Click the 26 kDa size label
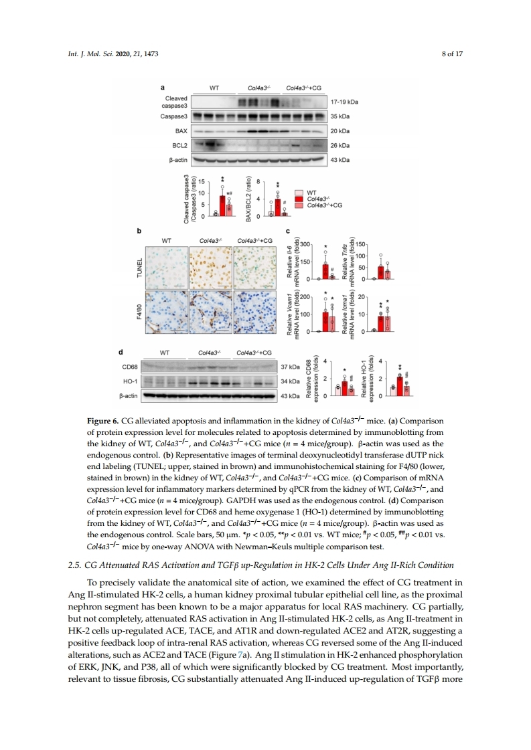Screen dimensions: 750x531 coord(341,145)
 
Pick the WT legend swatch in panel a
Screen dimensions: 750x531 coord(299,192)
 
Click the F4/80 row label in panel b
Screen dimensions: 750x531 coord(139,312)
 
